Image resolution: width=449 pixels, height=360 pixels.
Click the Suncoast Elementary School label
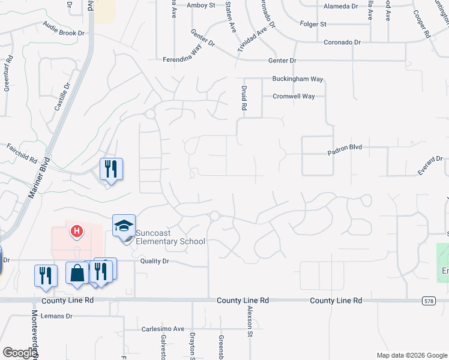(x=170, y=237)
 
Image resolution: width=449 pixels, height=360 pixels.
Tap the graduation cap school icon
(x=124, y=226)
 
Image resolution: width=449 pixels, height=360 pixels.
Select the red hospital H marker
(x=77, y=230)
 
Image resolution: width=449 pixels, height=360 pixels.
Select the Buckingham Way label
(x=298, y=79)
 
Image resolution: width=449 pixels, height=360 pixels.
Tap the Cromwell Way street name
(x=294, y=96)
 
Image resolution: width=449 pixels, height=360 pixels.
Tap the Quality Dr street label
(x=155, y=261)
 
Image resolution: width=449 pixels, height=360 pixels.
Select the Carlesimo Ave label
(x=163, y=329)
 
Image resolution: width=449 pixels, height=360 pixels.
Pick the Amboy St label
(x=200, y=5)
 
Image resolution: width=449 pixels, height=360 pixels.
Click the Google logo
(x=20, y=353)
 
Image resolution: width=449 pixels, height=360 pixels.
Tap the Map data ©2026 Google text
(x=411, y=355)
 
